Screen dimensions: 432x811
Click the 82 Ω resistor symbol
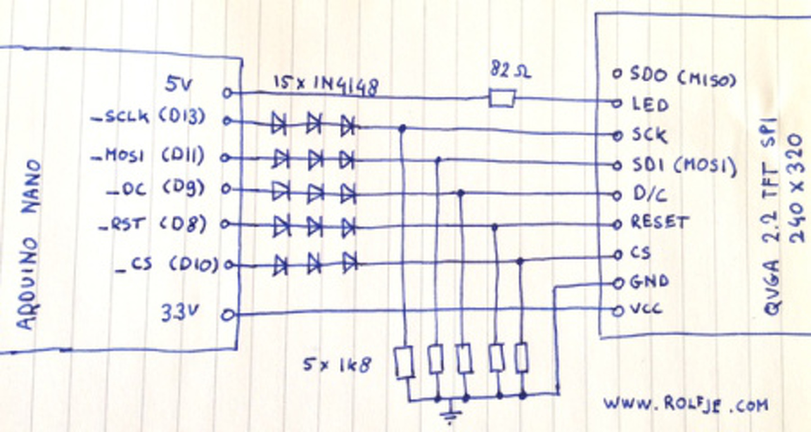click(x=501, y=99)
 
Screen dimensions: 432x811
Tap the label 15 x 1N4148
click(x=326, y=85)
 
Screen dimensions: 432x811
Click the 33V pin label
click(x=179, y=313)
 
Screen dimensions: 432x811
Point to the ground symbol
click(x=450, y=415)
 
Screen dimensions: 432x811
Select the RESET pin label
click(x=659, y=222)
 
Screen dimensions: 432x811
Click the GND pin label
click(x=650, y=281)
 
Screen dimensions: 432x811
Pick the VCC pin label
click(x=648, y=310)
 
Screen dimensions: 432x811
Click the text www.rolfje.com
click(x=685, y=403)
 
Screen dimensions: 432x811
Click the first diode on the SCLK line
click(x=278, y=124)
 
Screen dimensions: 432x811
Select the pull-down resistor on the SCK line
click(x=404, y=362)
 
